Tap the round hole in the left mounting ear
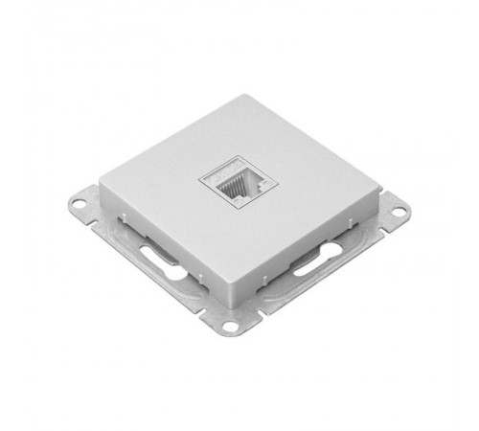(80, 202)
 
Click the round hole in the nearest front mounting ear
(230, 327)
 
